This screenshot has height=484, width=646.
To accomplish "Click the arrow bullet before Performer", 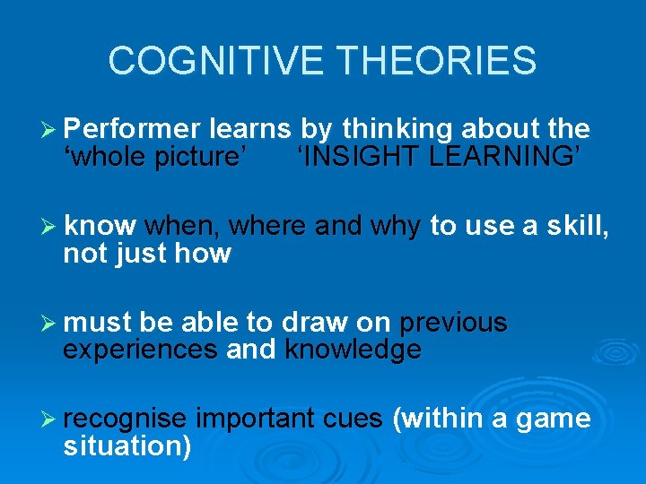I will (x=50, y=130).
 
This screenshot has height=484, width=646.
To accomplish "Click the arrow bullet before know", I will (x=50, y=227).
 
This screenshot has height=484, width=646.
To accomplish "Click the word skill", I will (x=577, y=227).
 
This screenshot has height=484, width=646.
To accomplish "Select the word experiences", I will (x=140, y=350).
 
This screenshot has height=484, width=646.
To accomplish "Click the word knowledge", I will (x=353, y=350).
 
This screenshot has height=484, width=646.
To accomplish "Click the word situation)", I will (x=127, y=445).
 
